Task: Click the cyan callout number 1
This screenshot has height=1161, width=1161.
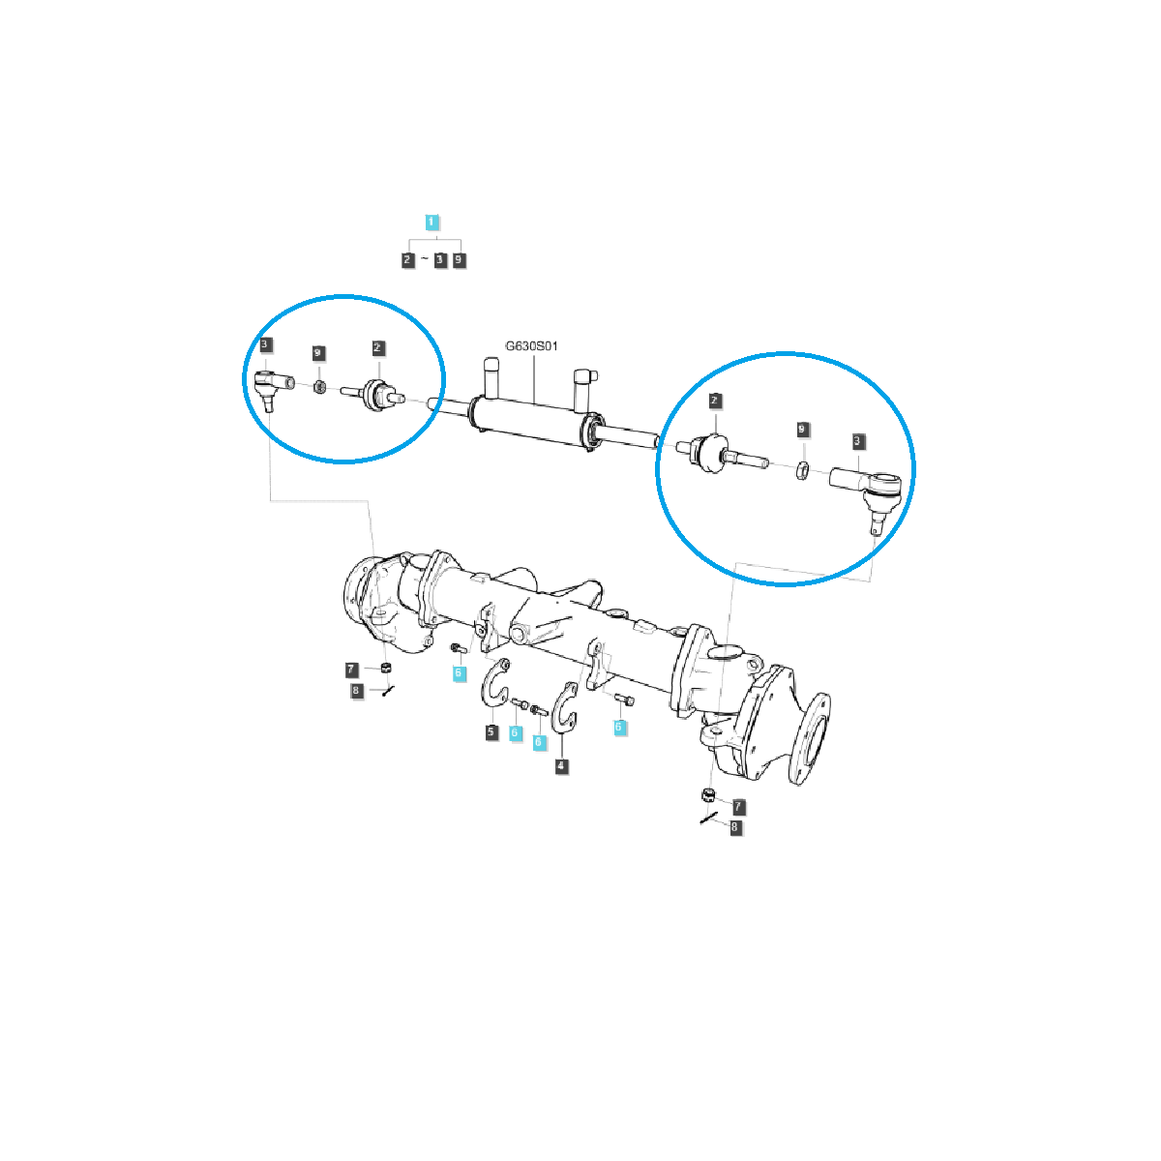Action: [x=432, y=223]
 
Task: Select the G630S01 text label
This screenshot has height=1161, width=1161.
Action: [x=531, y=345]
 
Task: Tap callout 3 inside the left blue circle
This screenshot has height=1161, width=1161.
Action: [x=265, y=344]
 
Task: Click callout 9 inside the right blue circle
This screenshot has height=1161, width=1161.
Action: [x=801, y=428]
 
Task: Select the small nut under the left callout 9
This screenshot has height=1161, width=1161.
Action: [x=319, y=388]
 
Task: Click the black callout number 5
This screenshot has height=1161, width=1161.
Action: [x=491, y=732]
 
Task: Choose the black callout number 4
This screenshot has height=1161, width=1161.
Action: [x=561, y=766]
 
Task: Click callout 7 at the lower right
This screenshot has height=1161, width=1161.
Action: [x=738, y=805]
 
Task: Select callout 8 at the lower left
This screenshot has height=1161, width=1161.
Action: [x=356, y=691]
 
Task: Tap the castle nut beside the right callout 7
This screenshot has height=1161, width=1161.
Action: [x=707, y=795]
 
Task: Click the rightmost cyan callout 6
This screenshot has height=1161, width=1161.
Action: [x=618, y=727]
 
